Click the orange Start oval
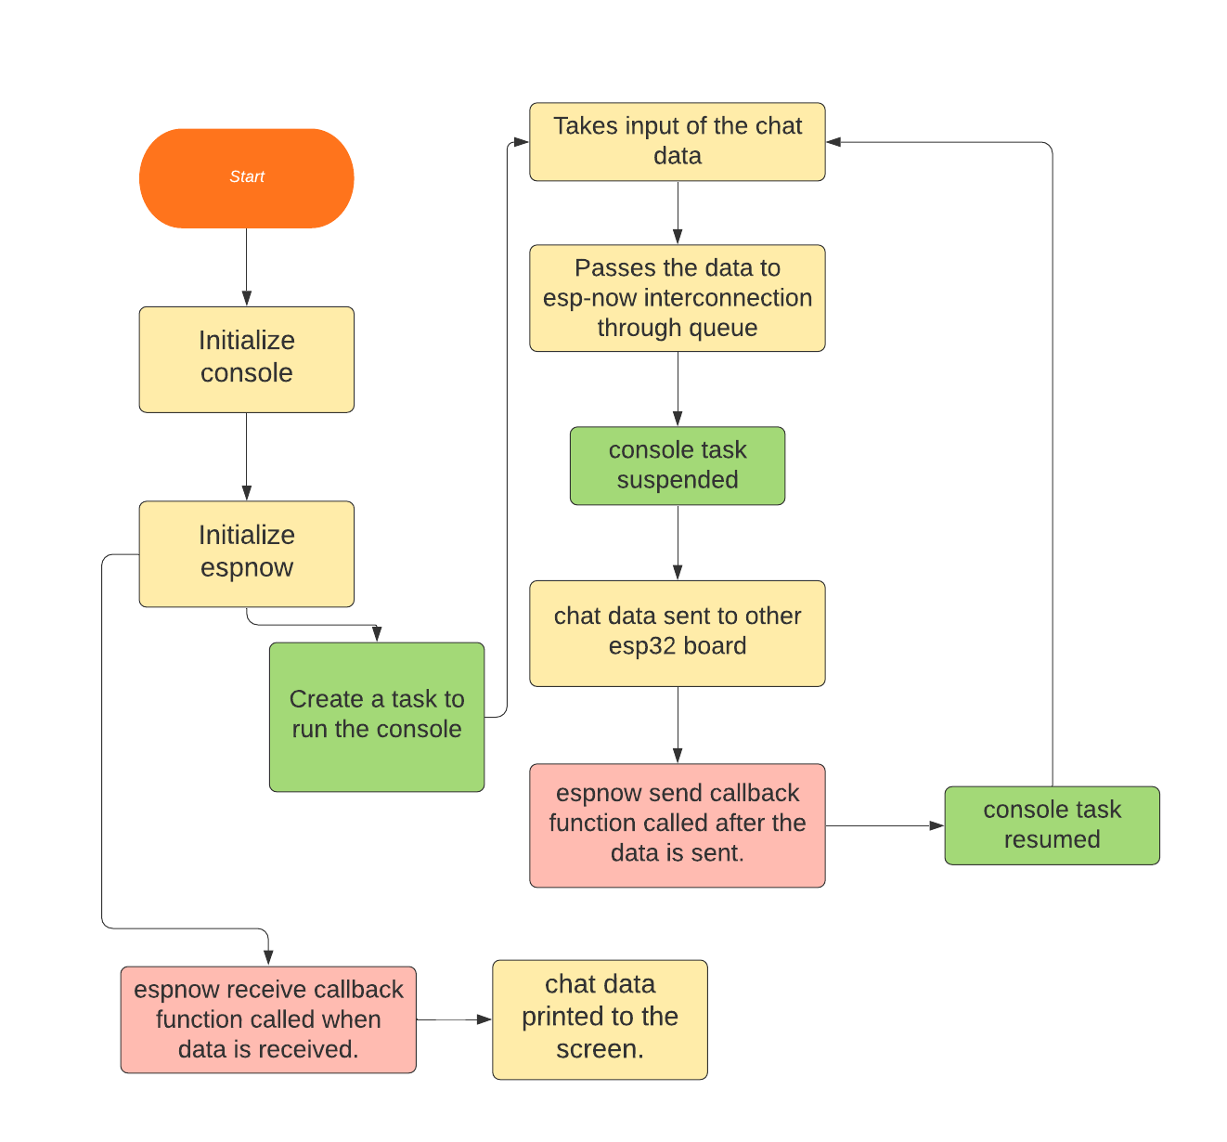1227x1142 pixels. pos(246,177)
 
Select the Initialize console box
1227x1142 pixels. pos(246,358)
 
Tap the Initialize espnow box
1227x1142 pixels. pos(246,553)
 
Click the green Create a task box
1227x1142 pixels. pos(376,716)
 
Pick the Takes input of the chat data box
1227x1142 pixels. pos(677,141)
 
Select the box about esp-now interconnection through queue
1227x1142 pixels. pos(677,298)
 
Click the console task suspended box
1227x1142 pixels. pos(677,465)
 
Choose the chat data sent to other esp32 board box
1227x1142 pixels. pos(677,632)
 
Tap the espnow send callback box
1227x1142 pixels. pos(677,824)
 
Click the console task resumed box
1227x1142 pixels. pos(1052,824)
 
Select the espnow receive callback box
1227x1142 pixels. pos(268,1019)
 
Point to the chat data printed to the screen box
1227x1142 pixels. pos(600,1019)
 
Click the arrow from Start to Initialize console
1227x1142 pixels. pos(247,266)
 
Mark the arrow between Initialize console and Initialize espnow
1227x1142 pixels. pos(247,456)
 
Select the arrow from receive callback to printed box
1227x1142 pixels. pos(453,1019)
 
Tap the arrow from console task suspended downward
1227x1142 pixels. pos(678,542)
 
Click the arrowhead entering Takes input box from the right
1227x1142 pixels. pos(833,142)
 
